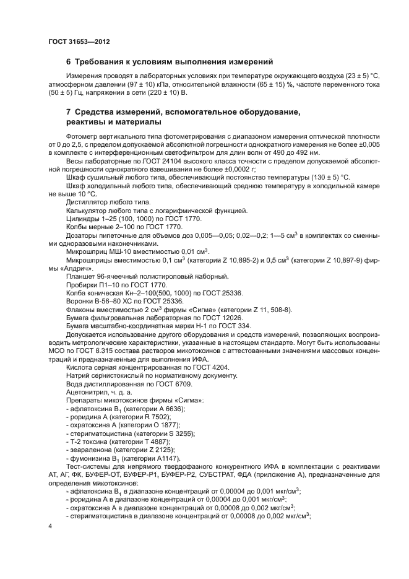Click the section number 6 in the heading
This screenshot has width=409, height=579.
coord(69,61)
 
